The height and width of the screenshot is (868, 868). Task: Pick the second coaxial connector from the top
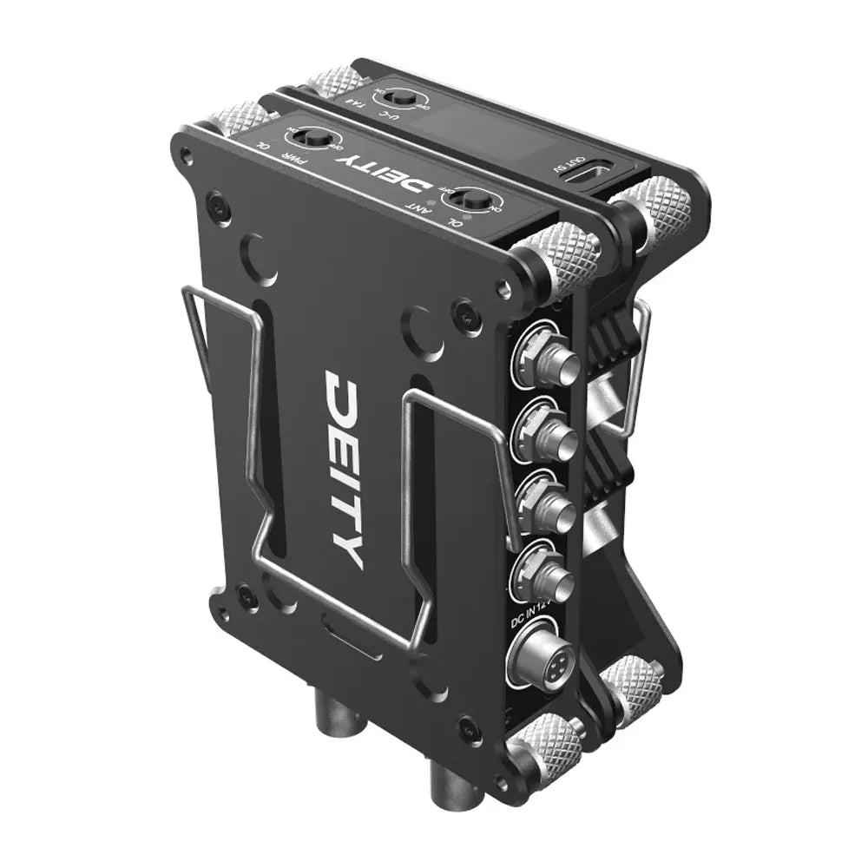[544, 431]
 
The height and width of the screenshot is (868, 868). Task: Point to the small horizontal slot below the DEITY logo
[346, 626]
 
